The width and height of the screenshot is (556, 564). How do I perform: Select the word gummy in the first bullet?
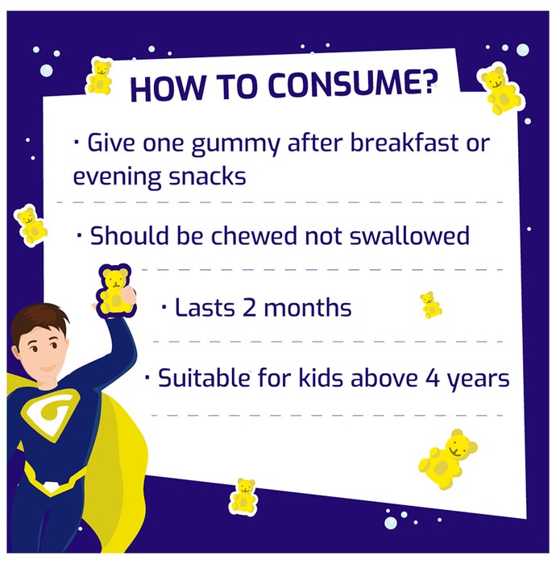235,144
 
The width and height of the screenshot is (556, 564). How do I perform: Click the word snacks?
208,176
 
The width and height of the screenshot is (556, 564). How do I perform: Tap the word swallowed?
409,235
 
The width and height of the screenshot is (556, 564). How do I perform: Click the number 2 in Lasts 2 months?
249,309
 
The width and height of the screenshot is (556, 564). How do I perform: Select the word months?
308,308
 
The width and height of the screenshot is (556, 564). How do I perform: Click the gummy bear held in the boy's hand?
116,291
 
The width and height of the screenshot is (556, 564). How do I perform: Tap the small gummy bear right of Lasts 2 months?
431,305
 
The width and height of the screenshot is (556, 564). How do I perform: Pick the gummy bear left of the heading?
99,77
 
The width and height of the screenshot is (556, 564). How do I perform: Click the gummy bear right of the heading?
500,90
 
